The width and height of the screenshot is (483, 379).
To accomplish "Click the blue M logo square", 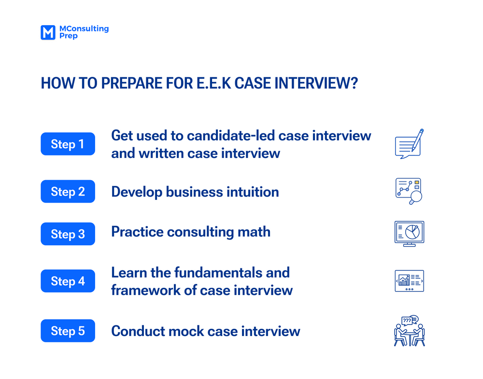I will pyautogui.click(x=48, y=32).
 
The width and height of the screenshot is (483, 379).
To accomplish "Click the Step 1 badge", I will pyautogui.click(x=68, y=144).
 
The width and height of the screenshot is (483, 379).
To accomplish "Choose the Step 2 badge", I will pyautogui.click(x=68, y=191).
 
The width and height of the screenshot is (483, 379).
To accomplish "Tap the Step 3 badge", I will pyautogui.click(x=68, y=234).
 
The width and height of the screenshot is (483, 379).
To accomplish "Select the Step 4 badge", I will pyautogui.click(x=68, y=281).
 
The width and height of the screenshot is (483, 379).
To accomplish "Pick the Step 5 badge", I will pyautogui.click(x=68, y=331).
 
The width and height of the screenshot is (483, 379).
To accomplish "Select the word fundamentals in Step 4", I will pyautogui.click(x=209, y=272).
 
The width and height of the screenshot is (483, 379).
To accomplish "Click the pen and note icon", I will pyautogui.click(x=409, y=144).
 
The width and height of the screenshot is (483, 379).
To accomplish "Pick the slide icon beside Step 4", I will pyautogui.click(x=409, y=281).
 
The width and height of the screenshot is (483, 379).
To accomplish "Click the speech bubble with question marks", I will pyautogui.click(x=409, y=320).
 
